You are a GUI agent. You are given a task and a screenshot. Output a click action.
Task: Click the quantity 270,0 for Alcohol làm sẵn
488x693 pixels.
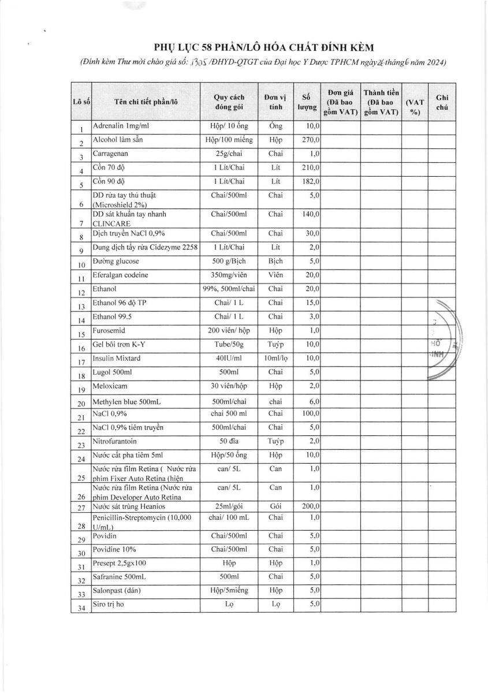(x=311, y=140)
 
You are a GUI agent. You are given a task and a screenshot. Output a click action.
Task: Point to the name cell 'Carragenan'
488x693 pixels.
(x=110, y=154)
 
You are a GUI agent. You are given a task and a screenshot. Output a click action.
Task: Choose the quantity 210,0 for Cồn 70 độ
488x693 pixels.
(x=311, y=167)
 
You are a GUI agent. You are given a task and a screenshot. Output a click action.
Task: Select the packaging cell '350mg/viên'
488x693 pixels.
(x=230, y=275)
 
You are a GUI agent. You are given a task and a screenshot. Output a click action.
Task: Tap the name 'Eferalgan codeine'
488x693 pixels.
(x=120, y=275)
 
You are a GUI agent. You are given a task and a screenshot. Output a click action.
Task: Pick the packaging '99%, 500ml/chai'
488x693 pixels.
(x=230, y=289)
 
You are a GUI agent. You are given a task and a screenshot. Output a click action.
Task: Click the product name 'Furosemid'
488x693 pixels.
(x=109, y=331)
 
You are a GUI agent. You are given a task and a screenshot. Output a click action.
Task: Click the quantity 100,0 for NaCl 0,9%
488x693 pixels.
(x=311, y=414)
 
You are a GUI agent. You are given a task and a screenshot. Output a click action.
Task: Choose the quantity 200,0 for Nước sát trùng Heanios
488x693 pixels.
(x=311, y=506)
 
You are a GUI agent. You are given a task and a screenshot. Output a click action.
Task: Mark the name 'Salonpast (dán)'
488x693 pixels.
(x=117, y=590)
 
